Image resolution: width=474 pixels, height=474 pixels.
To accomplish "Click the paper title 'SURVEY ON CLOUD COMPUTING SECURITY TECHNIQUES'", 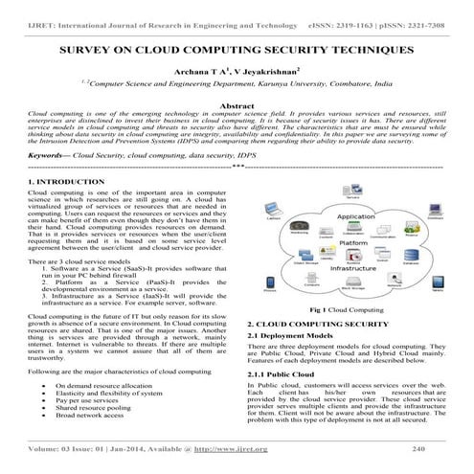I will click(237, 47).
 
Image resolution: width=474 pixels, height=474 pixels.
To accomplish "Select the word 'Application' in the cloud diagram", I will click(356, 217).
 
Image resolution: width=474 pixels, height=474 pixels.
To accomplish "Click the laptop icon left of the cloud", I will click(272, 213).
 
